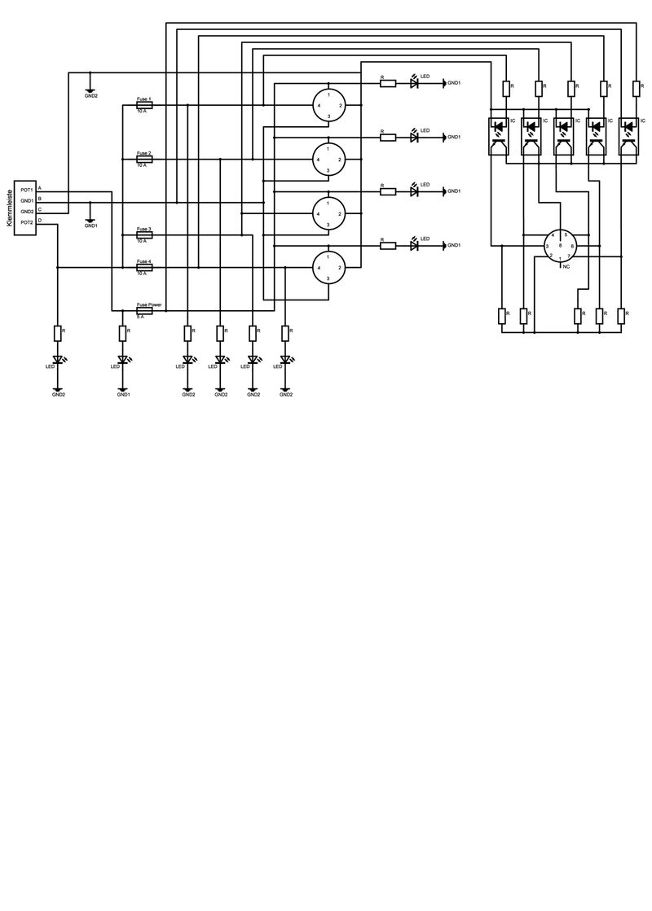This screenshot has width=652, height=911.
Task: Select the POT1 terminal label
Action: point(27,190)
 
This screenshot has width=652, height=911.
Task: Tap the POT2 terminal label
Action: point(27,221)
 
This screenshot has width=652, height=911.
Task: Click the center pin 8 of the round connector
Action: point(561,245)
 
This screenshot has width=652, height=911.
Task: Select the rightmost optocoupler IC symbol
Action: point(628,134)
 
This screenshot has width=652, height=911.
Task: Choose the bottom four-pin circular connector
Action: point(328,266)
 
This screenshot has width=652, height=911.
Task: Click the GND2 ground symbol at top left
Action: point(90,90)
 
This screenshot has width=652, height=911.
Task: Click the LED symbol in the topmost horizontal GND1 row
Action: point(414,82)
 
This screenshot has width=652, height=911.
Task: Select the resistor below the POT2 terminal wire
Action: point(58,332)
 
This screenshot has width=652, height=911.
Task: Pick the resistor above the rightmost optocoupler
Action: point(636,87)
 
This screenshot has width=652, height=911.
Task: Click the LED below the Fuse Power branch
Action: point(123,359)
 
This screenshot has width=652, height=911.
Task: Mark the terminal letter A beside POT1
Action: point(40,189)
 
